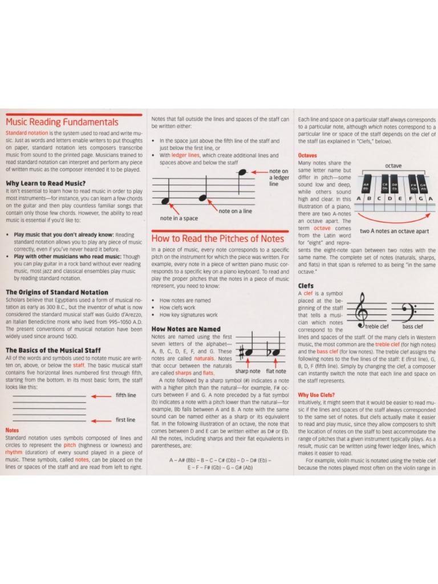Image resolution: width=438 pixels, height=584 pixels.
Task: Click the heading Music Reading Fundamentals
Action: click(x=62, y=122)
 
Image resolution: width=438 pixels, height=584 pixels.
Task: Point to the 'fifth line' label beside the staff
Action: click(x=126, y=395)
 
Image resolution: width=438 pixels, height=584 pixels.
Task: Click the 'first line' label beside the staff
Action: click(x=126, y=420)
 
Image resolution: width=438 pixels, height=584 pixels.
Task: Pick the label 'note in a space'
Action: click(x=179, y=218)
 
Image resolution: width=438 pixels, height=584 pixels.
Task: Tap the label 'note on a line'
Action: click(x=235, y=210)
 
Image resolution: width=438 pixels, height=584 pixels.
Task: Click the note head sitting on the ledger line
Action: click(x=242, y=172)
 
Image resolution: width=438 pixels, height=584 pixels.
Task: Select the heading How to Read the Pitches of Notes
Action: click(x=217, y=238)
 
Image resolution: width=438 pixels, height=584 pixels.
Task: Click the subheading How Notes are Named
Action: click(x=185, y=329)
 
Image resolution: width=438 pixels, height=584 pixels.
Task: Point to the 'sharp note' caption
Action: click(x=248, y=371)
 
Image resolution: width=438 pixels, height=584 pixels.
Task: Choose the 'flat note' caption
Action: click(x=277, y=371)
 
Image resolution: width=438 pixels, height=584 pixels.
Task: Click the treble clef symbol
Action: click(x=362, y=309)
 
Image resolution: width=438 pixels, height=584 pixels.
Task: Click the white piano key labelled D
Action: click(x=389, y=198)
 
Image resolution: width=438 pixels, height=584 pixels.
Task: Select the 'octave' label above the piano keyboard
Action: click(x=393, y=165)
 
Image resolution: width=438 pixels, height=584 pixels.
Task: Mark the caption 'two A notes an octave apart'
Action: click(x=395, y=232)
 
